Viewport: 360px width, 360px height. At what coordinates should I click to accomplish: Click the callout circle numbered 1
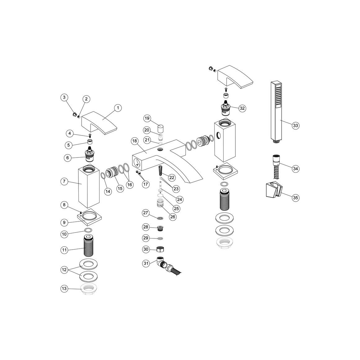click(x=118, y=108)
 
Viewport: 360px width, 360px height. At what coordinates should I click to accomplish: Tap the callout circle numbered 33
click(x=296, y=125)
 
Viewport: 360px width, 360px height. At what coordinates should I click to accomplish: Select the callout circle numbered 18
click(x=135, y=141)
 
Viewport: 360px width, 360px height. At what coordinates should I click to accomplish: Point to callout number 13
click(x=64, y=289)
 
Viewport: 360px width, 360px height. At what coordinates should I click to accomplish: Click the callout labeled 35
click(x=296, y=198)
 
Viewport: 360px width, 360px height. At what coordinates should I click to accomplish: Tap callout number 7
click(x=64, y=181)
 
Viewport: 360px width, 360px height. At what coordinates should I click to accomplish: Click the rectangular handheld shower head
click(x=276, y=112)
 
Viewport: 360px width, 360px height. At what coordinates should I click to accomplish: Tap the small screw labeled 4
click(x=90, y=136)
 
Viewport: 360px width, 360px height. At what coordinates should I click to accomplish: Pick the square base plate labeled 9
click(x=90, y=218)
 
